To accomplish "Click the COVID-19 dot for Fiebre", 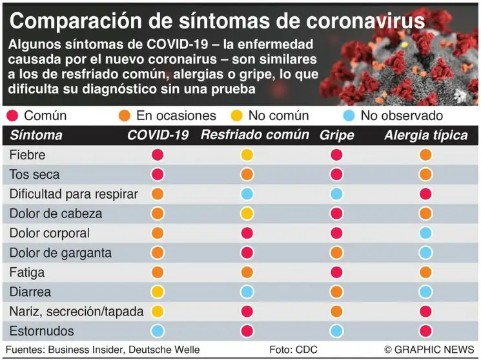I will pos(158,155).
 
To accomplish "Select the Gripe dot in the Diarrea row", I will pos(336,292).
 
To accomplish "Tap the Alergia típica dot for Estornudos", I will pos(425,331).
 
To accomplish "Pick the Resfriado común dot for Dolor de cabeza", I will pos(247,214).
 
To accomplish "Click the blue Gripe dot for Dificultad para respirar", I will pos(336,194).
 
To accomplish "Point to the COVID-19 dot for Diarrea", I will pos(158,292).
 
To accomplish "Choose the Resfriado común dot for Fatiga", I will pos(247,272).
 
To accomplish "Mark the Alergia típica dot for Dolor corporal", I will pos(425,233).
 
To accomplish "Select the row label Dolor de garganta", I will pos(61,253).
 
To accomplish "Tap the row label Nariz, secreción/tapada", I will pos(76,311).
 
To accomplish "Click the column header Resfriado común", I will pos(255,135).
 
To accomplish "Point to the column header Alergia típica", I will pos(425,135).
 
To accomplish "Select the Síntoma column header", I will pos(36,135).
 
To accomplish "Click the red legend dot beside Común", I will pos(12,116).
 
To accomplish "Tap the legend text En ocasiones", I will pos(176,116).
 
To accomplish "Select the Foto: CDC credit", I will pos(294,349).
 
